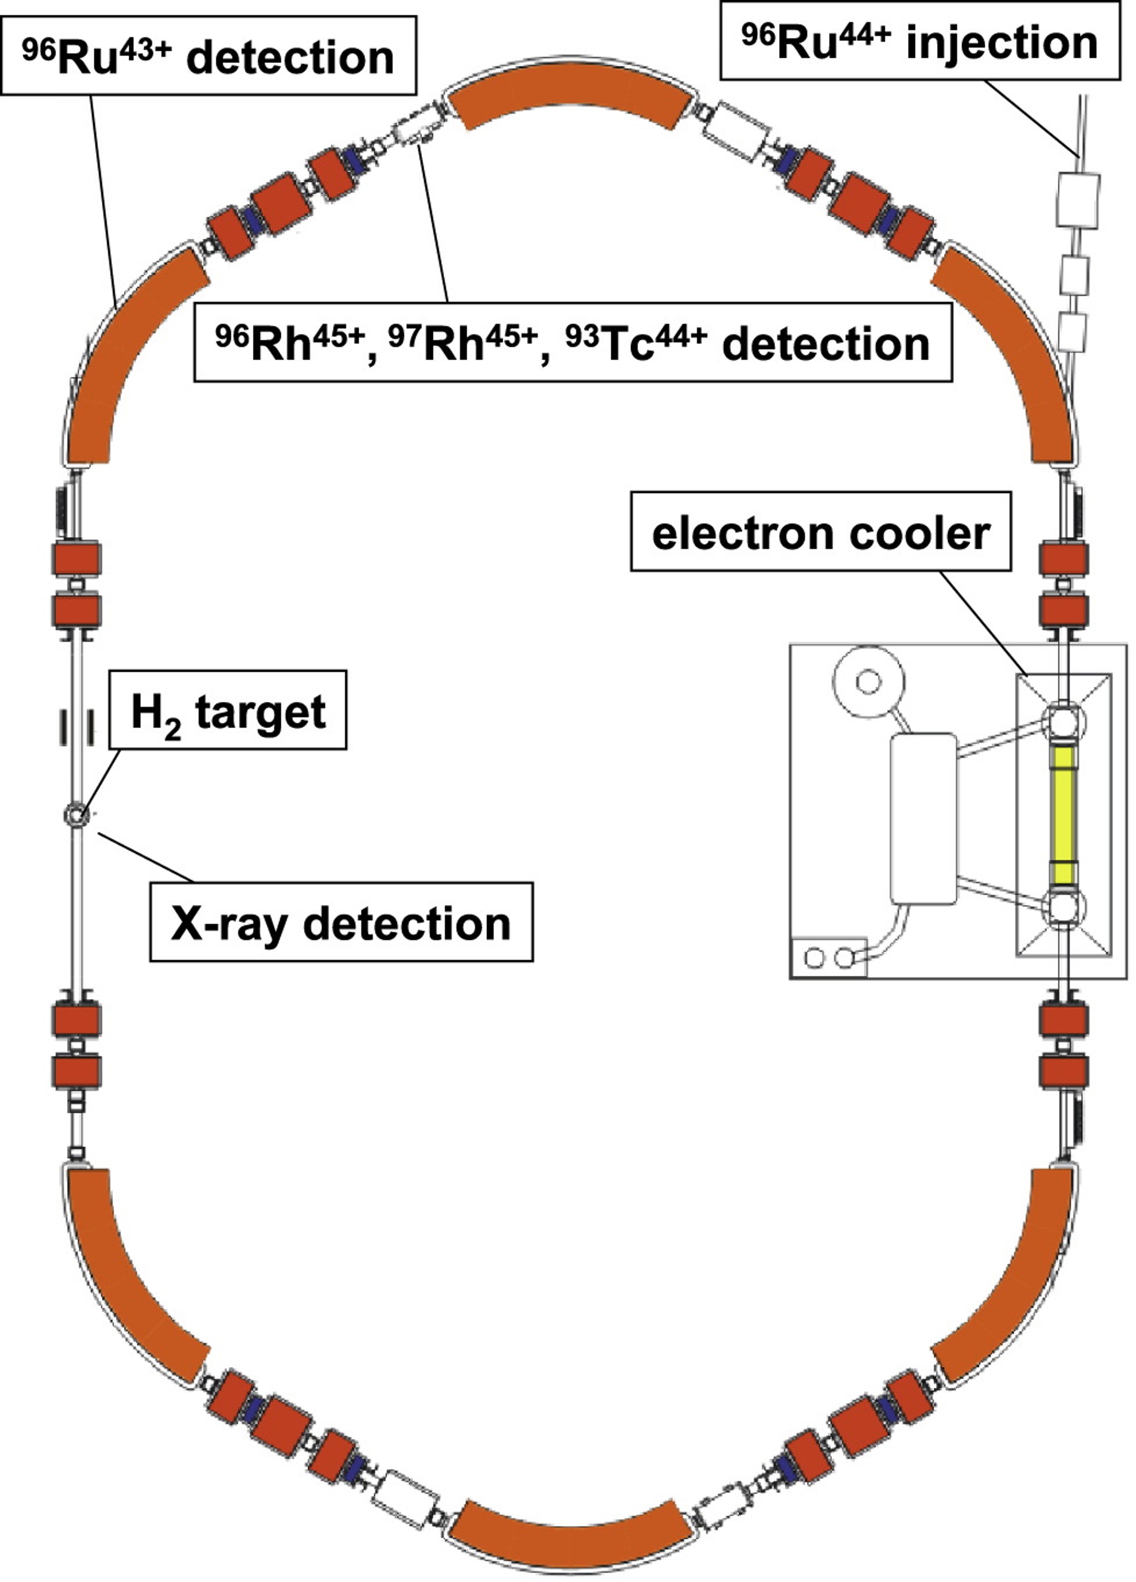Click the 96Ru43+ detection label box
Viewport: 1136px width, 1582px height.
209,56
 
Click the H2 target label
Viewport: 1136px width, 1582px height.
228,710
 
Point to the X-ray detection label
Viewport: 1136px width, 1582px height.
341,922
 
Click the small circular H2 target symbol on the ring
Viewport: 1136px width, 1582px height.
76,814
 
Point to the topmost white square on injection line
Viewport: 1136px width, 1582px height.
1079,201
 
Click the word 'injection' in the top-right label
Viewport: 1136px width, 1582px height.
1002,43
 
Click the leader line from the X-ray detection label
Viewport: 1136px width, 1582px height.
144,857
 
